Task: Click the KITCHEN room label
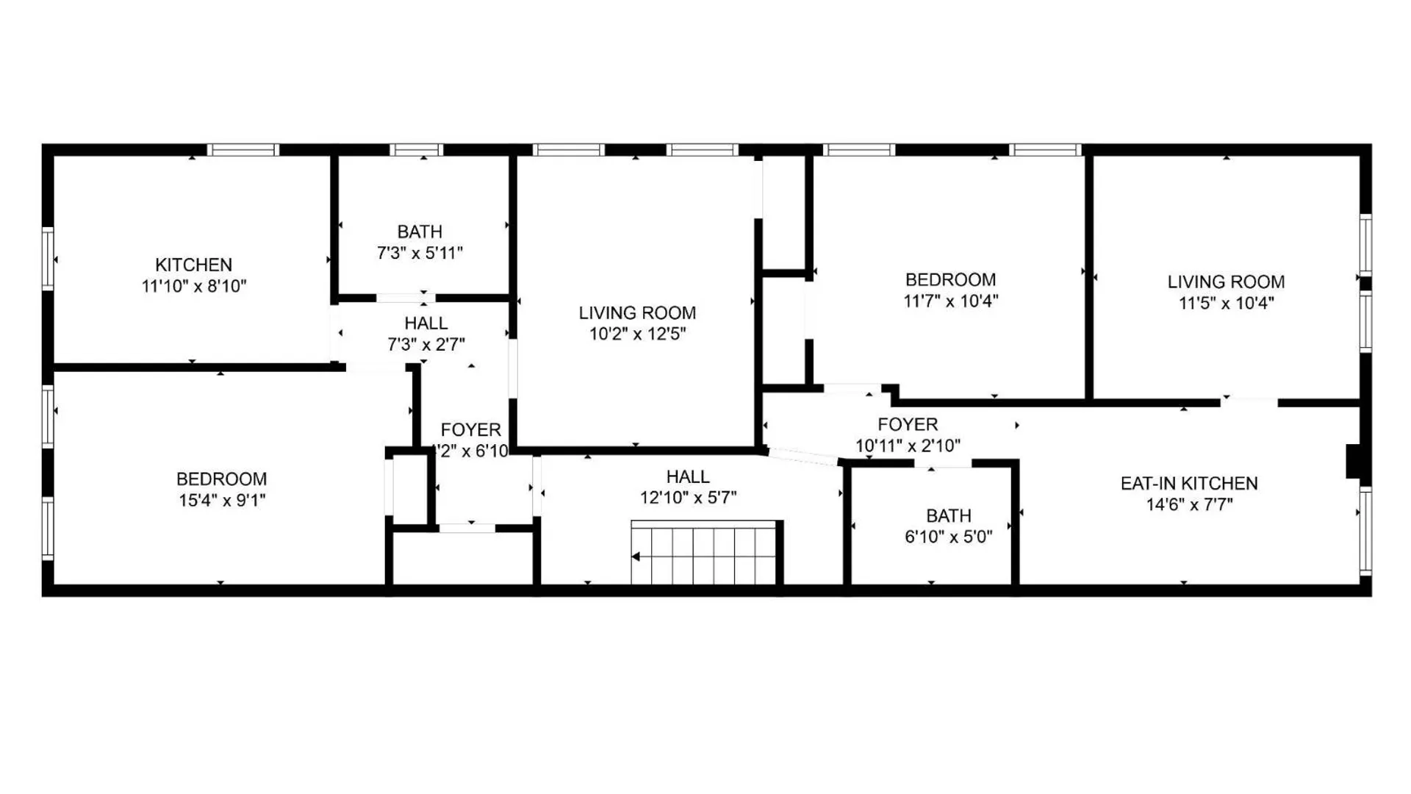(193, 265)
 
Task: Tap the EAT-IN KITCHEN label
(1188, 484)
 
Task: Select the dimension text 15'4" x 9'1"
(221, 501)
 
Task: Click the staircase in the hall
(704, 553)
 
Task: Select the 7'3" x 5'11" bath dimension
(420, 254)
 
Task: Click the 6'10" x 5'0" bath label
(948, 537)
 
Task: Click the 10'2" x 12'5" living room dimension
(637, 335)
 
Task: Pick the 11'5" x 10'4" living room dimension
(1226, 303)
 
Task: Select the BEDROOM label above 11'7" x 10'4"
(950, 280)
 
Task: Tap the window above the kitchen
(243, 150)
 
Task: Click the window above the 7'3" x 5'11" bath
(416, 150)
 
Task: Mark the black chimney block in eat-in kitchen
(1353, 462)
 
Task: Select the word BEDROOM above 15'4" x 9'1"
(221, 479)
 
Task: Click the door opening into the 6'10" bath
(943, 464)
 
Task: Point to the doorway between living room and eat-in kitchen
(1249, 402)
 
